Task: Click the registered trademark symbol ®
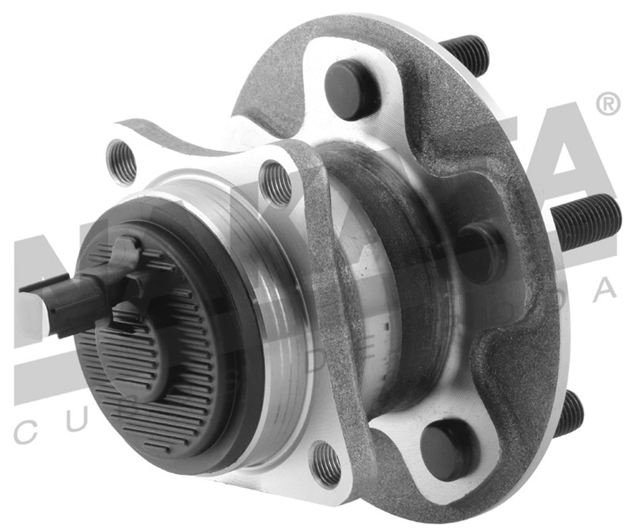[x=607, y=105]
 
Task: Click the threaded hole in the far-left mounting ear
[x=121, y=162]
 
